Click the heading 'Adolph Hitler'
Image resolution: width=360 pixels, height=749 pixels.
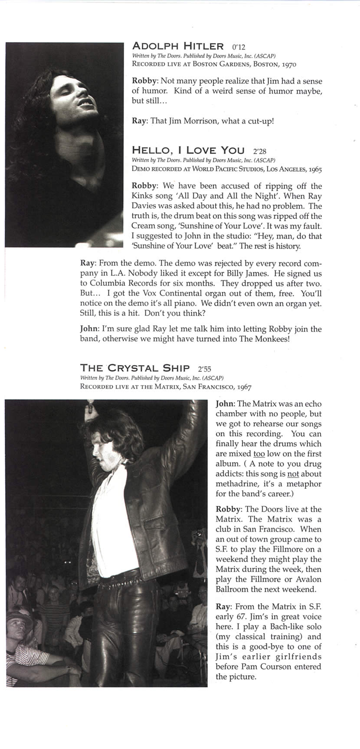click(178, 46)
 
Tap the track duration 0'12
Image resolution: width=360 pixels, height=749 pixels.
click(239, 47)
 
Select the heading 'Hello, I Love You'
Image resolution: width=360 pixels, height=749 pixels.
click(188, 150)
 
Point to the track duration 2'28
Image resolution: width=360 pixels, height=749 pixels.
click(259, 151)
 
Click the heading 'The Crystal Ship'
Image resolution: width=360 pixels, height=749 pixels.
click(135, 368)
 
